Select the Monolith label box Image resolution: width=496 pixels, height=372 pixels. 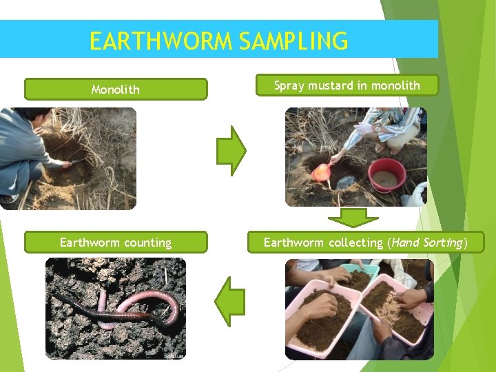click(116, 90)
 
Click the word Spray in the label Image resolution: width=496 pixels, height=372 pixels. click(289, 86)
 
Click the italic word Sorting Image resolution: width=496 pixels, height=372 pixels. click(443, 242)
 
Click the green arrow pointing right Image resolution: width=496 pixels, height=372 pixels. click(231, 149)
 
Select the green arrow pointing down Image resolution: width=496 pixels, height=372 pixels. click(353, 218)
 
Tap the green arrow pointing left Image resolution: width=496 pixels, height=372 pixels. click(230, 301)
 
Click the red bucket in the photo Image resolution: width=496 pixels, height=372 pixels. click(387, 175)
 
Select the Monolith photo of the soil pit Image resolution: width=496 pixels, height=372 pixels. click(68, 158)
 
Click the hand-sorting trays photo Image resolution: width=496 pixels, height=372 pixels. click(359, 309)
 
